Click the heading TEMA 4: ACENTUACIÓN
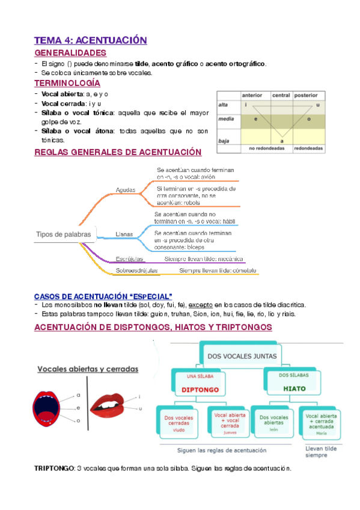click(x=90, y=40)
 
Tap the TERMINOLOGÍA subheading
click(x=67, y=83)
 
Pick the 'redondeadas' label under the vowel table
click(x=308, y=148)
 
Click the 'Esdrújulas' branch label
click(x=130, y=259)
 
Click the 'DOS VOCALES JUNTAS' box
click(x=242, y=356)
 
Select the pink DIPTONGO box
click(x=195, y=384)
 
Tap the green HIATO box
click(x=294, y=384)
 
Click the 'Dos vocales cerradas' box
click(x=179, y=422)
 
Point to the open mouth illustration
click(x=46, y=408)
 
